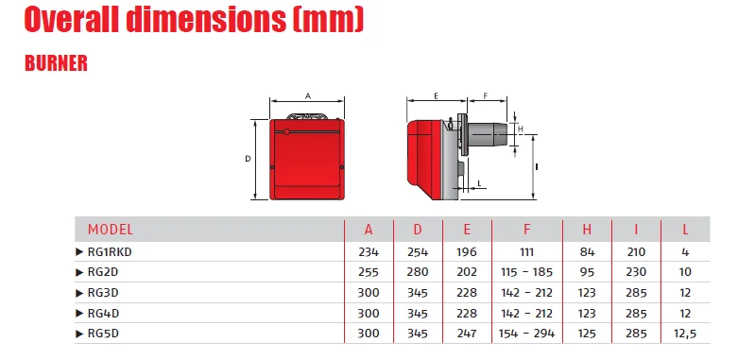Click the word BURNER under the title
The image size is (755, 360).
pyautogui.click(x=56, y=63)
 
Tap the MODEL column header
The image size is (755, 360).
pyautogui.click(x=110, y=230)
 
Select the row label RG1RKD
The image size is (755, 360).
pyautogui.click(x=110, y=251)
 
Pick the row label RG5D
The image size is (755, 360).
pyautogui.click(x=103, y=333)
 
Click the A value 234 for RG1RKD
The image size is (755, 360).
pyautogui.click(x=369, y=251)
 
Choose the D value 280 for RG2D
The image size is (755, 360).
pyautogui.click(x=418, y=272)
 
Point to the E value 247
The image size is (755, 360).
pyautogui.click(x=467, y=333)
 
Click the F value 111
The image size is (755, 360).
pyautogui.click(x=526, y=251)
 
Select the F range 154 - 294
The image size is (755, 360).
pyautogui.click(x=526, y=333)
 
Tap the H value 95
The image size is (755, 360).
pyautogui.click(x=587, y=272)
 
